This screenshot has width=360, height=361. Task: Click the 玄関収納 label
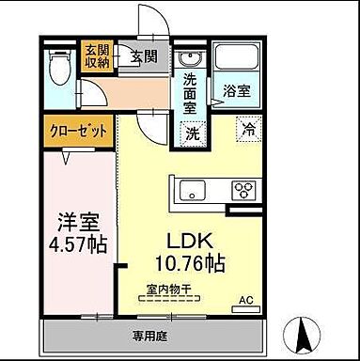pyautogui.click(x=96, y=56)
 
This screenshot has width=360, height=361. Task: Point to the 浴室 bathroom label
pyautogui.click(x=236, y=91)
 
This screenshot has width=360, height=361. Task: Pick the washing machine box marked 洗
pyautogui.click(x=192, y=133)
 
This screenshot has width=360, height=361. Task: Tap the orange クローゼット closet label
pyautogui.click(x=77, y=131)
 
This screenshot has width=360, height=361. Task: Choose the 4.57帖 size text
pyautogui.click(x=80, y=245)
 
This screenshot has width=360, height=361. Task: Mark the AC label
pyautogui.click(x=245, y=300)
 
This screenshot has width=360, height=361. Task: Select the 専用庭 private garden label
pyautogui.click(x=149, y=333)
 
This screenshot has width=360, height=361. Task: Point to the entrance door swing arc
pyautogui.click(x=149, y=21)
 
